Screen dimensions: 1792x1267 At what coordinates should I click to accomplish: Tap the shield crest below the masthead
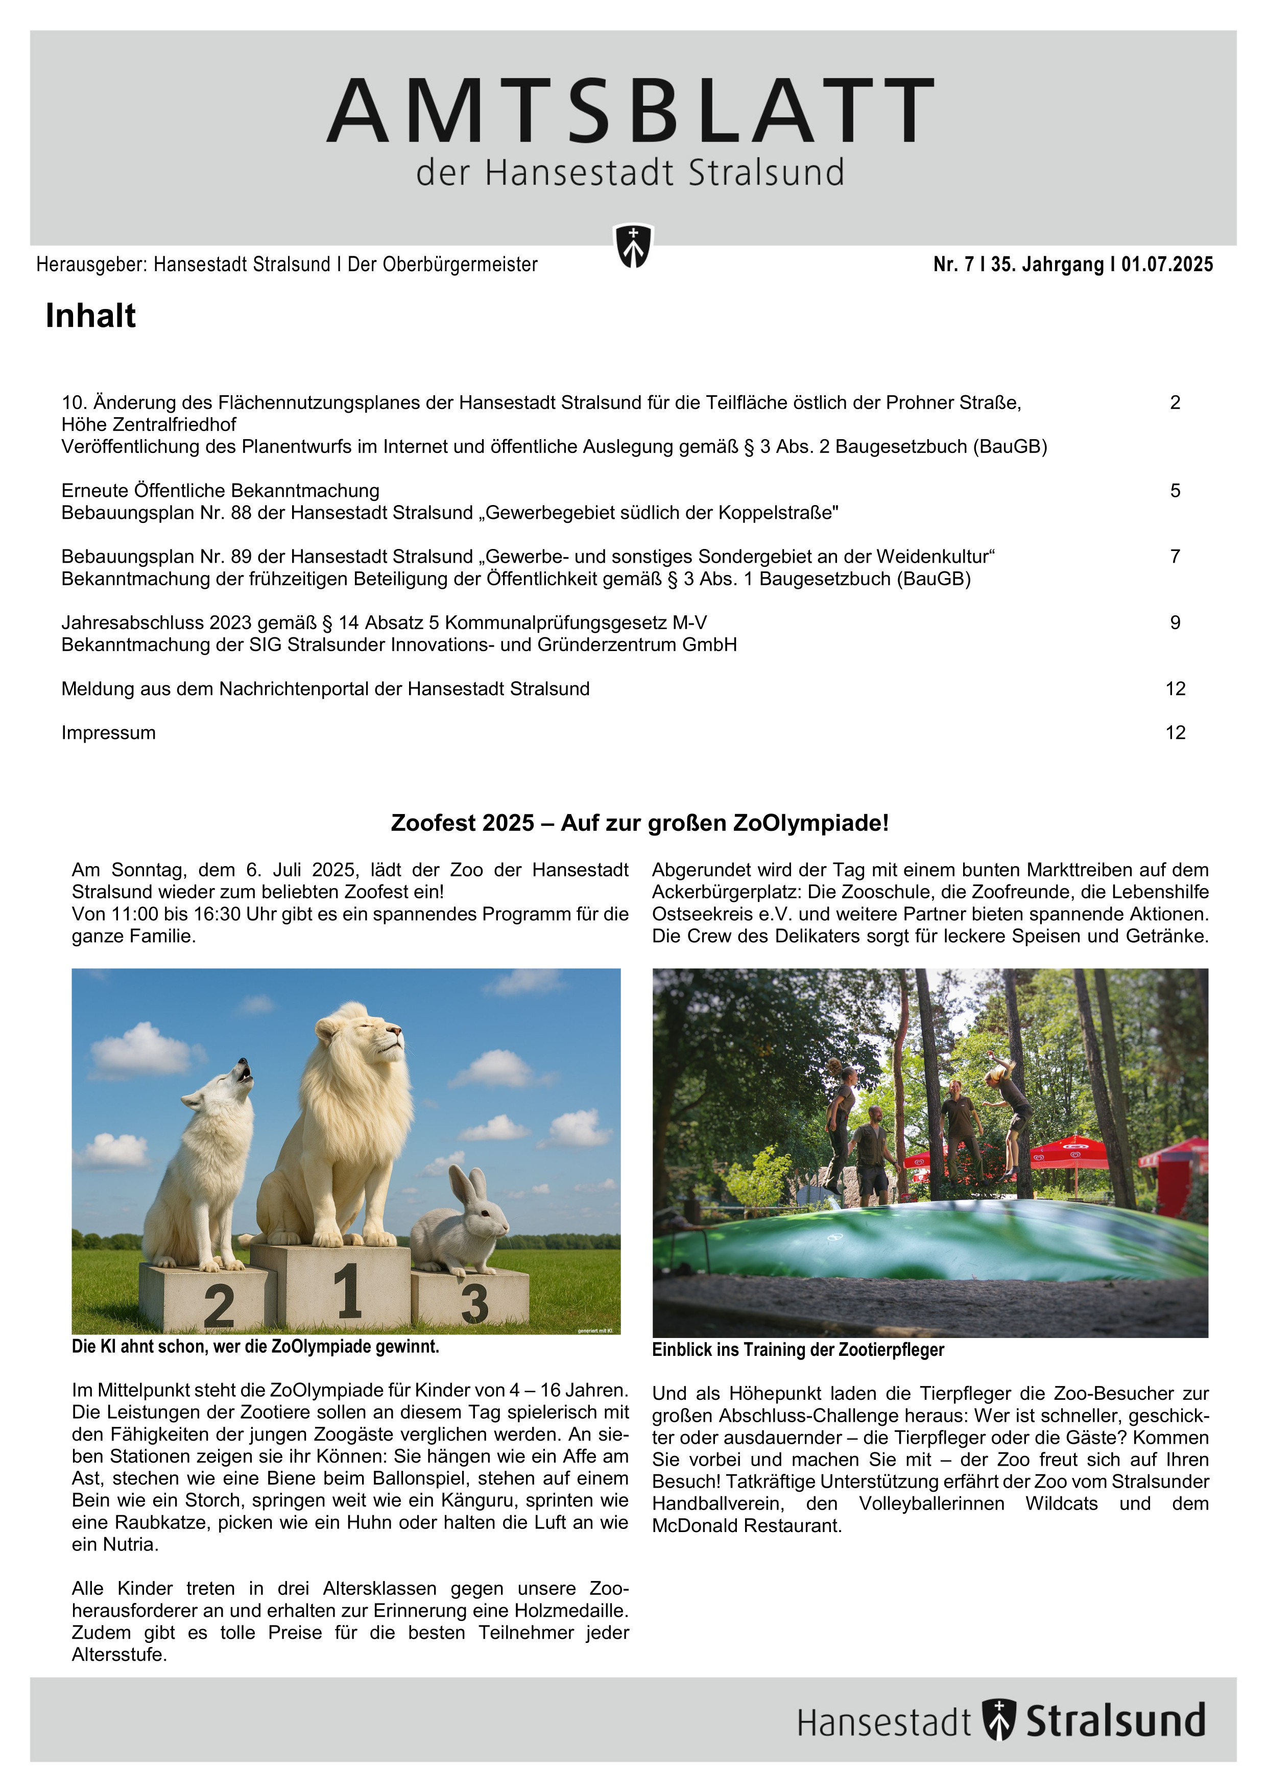tap(633, 246)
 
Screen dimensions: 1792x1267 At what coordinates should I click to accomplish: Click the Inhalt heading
tap(90, 316)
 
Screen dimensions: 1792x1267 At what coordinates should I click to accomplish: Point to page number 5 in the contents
tap(1175, 491)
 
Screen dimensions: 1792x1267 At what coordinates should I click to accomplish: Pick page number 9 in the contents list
tap(1175, 623)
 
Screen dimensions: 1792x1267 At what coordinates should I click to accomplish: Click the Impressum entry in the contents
tap(108, 733)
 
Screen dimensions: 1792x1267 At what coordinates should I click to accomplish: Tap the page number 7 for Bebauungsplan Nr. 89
tap(1175, 557)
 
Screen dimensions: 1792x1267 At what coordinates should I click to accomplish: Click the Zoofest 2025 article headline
tap(639, 823)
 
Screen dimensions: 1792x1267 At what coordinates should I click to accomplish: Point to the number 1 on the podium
tap(347, 1292)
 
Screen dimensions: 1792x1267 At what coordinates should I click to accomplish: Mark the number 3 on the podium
tap(474, 1303)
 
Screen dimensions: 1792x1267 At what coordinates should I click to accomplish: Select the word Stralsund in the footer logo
tap(1115, 1720)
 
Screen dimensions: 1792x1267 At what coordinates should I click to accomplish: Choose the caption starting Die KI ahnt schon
tap(255, 1346)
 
